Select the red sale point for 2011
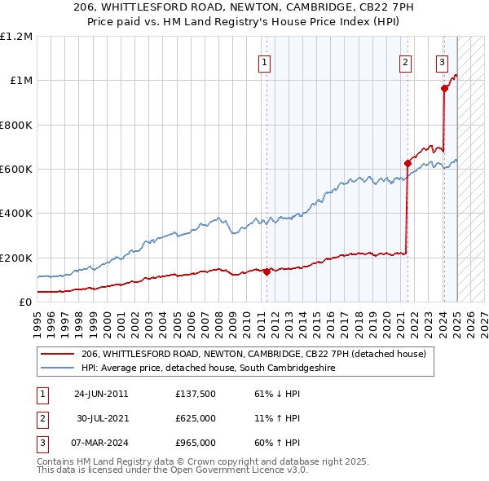pyautogui.click(x=267, y=272)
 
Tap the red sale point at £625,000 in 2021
pyautogui.click(x=407, y=163)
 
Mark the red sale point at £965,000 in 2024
pyautogui.click(x=444, y=88)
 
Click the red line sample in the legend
pyautogui.click(x=57, y=354)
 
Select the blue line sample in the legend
pyautogui.click(x=57, y=368)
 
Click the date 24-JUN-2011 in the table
pyautogui.click(x=101, y=394)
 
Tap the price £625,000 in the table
pyautogui.click(x=196, y=418)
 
